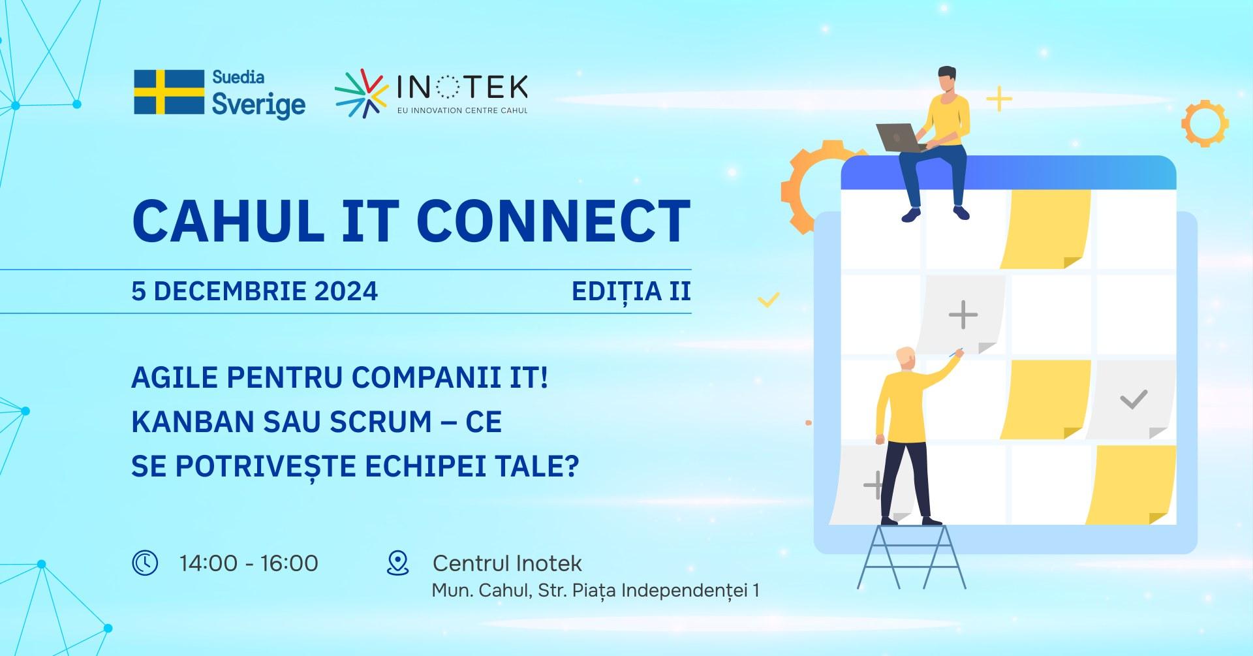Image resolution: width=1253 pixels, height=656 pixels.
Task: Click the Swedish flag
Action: point(169,92)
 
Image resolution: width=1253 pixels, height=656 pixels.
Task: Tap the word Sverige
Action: point(258,105)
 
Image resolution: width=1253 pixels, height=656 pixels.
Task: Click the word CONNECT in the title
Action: point(553,220)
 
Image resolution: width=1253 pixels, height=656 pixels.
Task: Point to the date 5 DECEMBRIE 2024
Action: point(255,291)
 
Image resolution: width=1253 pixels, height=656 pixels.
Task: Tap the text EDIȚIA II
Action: point(631,291)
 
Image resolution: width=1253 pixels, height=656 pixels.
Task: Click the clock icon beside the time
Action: point(145,563)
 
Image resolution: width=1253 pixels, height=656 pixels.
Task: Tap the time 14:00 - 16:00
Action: point(249,563)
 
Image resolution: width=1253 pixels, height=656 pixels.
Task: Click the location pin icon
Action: point(397,563)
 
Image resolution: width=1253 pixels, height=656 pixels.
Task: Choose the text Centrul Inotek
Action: point(507,563)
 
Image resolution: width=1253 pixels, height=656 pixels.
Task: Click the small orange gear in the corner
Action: point(1205,123)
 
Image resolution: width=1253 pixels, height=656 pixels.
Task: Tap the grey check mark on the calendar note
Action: point(1134,399)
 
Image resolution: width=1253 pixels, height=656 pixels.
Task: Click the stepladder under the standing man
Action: point(911,555)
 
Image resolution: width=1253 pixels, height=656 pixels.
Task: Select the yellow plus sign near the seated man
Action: point(998,100)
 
